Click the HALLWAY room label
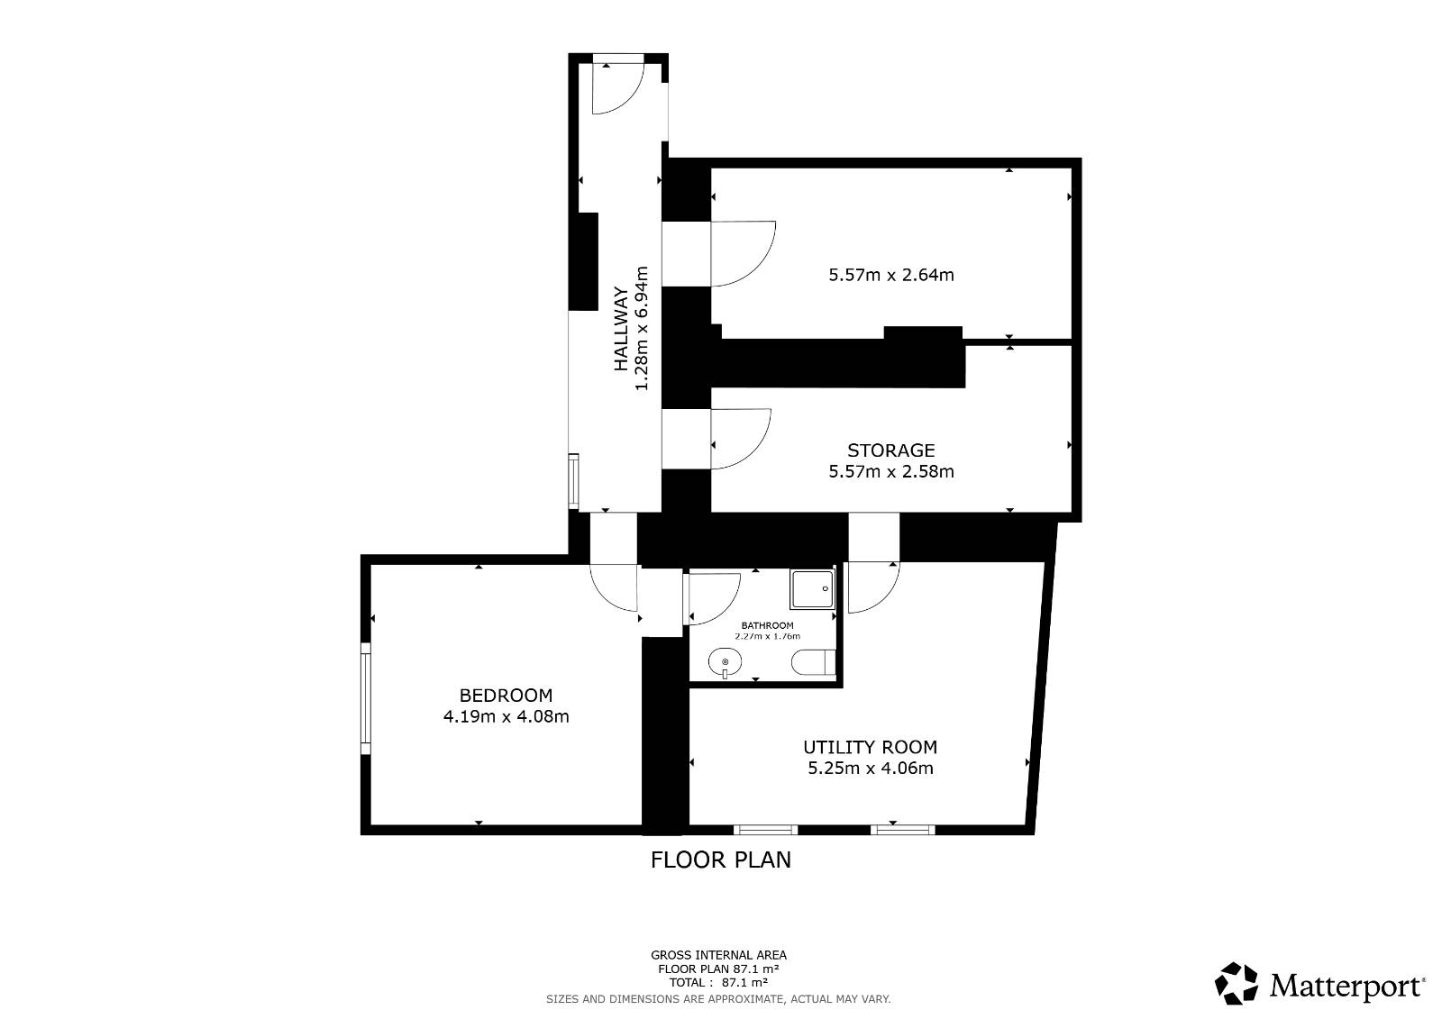(x=621, y=329)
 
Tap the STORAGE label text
(x=891, y=450)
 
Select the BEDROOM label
(x=506, y=696)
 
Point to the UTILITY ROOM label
(x=871, y=747)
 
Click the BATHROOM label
(x=767, y=625)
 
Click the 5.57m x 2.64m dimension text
(x=891, y=275)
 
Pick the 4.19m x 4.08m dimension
(x=506, y=716)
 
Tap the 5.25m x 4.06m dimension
(x=871, y=768)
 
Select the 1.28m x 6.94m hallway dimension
(x=642, y=328)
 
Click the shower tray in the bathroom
(x=812, y=588)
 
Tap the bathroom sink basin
(x=725, y=662)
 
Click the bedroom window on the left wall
(x=366, y=697)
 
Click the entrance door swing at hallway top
(x=618, y=88)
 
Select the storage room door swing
(x=740, y=439)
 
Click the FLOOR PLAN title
(x=720, y=860)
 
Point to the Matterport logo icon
(x=1236, y=984)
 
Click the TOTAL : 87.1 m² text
(x=718, y=983)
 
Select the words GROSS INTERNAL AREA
(x=718, y=955)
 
